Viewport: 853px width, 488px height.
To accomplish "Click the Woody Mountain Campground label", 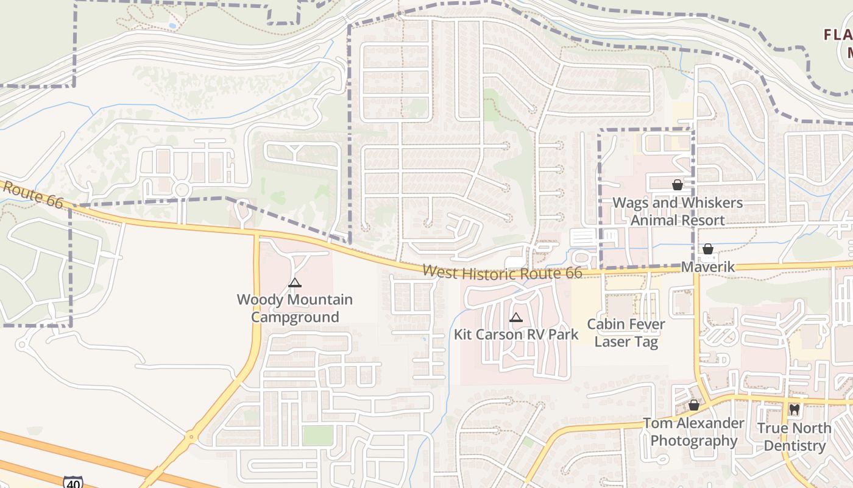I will pyautogui.click(x=295, y=309).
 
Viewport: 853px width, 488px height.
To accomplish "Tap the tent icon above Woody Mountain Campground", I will pyautogui.click(x=295, y=282).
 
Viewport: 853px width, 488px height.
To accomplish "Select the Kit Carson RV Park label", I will pyautogui.click(x=516, y=334).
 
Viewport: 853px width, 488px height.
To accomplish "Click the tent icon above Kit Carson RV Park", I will pyautogui.click(x=516, y=317).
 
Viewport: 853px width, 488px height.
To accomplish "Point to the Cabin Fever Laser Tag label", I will pyautogui.click(x=626, y=332).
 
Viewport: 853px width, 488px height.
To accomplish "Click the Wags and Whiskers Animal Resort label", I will pyautogui.click(x=678, y=211).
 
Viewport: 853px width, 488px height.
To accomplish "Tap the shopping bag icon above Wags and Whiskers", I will pyautogui.click(x=677, y=185).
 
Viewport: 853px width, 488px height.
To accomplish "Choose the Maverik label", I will pyautogui.click(x=708, y=267).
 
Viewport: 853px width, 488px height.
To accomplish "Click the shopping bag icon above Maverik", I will pyautogui.click(x=708, y=249).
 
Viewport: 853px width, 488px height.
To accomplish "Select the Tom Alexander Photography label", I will pyautogui.click(x=694, y=432).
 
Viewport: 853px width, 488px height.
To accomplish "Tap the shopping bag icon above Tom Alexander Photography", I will pyautogui.click(x=693, y=405).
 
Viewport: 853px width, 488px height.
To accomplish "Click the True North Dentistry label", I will pyautogui.click(x=794, y=437).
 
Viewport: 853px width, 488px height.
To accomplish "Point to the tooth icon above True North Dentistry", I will pyautogui.click(x=794, y=410).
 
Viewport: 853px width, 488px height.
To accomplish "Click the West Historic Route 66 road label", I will pyautogui.click(x=502, y=273).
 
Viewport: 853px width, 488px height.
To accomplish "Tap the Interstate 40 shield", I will pyautogui.click(x=73, y=481).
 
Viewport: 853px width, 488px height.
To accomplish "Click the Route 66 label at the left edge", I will pyautogui.click(x=32, y=194).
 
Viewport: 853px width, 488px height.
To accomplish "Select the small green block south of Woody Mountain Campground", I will pyautogui.click(x=318, y=436).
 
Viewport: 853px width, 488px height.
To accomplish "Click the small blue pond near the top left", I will pyautogui.click(x=172, y=26).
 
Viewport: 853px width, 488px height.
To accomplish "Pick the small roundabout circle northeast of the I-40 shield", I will pyautogui.click(x=191, y=436).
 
